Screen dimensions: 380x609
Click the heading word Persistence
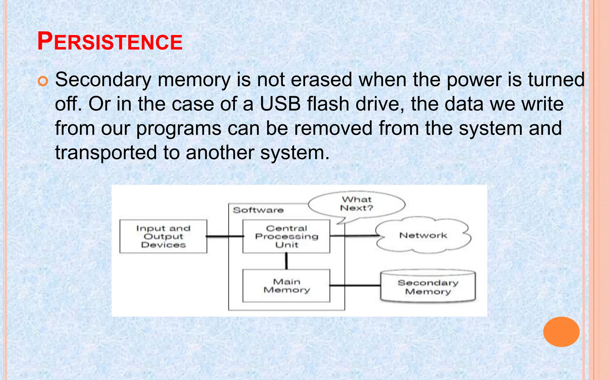(x=110, y=42)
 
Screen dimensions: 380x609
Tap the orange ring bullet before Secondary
(x=43, y=81)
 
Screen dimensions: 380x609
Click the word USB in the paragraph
(x=280, y=104)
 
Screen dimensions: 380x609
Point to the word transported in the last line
(x=106, y=153)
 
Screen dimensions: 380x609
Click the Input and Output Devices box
(x=163, y=236)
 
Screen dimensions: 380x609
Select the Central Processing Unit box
(x=286, y=236)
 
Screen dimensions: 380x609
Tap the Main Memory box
(x=286, y=286)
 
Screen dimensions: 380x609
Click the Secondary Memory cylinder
(x=428, y=287)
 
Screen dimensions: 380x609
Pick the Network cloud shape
(x=423, y=235)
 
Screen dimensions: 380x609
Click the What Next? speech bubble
(x=357, y=204)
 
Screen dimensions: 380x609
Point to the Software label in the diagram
(x=258, y=210)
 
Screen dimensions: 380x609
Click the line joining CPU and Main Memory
(x=286, y=261)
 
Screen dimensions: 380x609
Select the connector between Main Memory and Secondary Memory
(x=355, y=286)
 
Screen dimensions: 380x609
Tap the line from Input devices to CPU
(x=225, y=236)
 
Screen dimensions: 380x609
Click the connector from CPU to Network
(x=354, y=236)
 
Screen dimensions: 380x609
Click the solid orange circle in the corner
(x=561, y=332)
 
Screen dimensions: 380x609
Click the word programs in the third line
(x=179, y=129)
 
